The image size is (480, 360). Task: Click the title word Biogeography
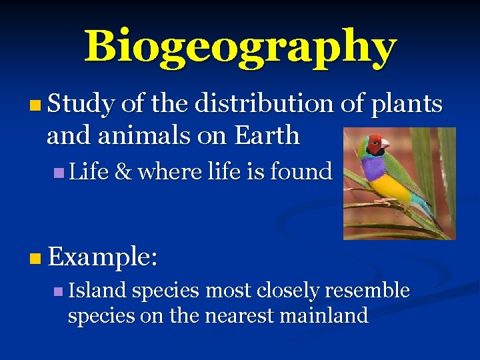[x=240, y=47]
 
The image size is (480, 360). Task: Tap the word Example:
[x=102, y=255]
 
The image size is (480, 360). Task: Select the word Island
[x=97, y=291]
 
